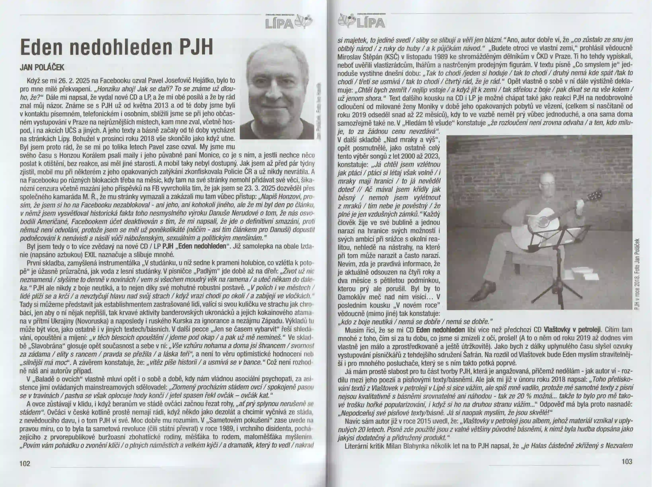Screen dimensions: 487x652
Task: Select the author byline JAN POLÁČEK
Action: [42, 67]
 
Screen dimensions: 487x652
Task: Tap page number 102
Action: [25, 464]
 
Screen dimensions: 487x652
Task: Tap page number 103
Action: [627, 461]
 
